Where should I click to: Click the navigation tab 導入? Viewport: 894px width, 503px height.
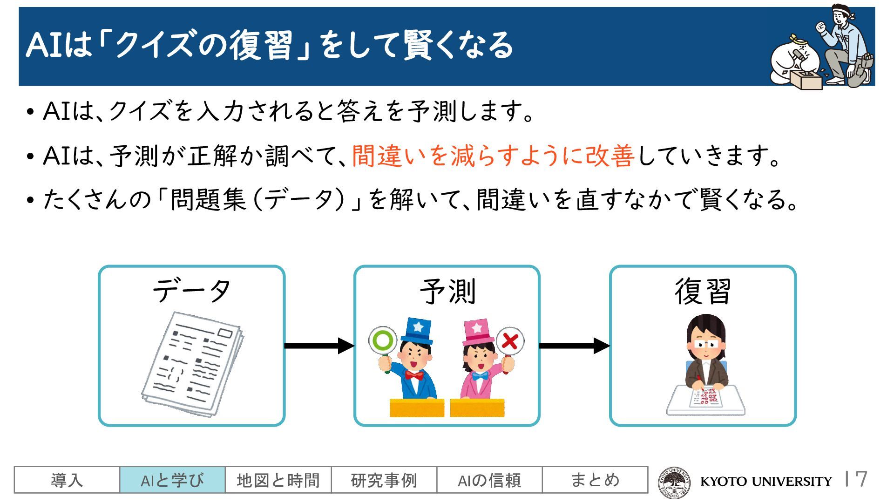click(x=67, y=480)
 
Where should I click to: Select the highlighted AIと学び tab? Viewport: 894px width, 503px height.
click(x=172, y=480)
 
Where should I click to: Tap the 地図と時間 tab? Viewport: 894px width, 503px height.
click(x=278, y=480)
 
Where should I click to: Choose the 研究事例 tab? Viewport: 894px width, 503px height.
click(x=384, y=480)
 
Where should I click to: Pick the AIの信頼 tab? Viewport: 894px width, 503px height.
click(x=489, y=480)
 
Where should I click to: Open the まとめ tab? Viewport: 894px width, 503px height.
click(x=595, y=480)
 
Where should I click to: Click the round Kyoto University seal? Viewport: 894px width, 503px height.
click(x=673, y=482)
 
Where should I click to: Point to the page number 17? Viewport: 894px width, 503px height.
click(x=858, y=479)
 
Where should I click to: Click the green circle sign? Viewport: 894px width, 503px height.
click(x=382, y=340)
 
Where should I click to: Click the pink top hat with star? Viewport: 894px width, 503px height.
click(x=478, y=332)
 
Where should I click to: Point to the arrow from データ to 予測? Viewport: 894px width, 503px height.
click(x=319, y=346)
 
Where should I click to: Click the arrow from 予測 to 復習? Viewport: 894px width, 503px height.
click(x=574, y=346)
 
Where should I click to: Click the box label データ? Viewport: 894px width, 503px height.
click(x=191, y=291)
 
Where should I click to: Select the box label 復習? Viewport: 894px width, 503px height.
click(x=703, y=292)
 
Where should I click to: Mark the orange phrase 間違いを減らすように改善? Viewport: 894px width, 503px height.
click(x=493, y=156)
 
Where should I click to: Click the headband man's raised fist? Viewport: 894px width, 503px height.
click(x=821, y=27)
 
